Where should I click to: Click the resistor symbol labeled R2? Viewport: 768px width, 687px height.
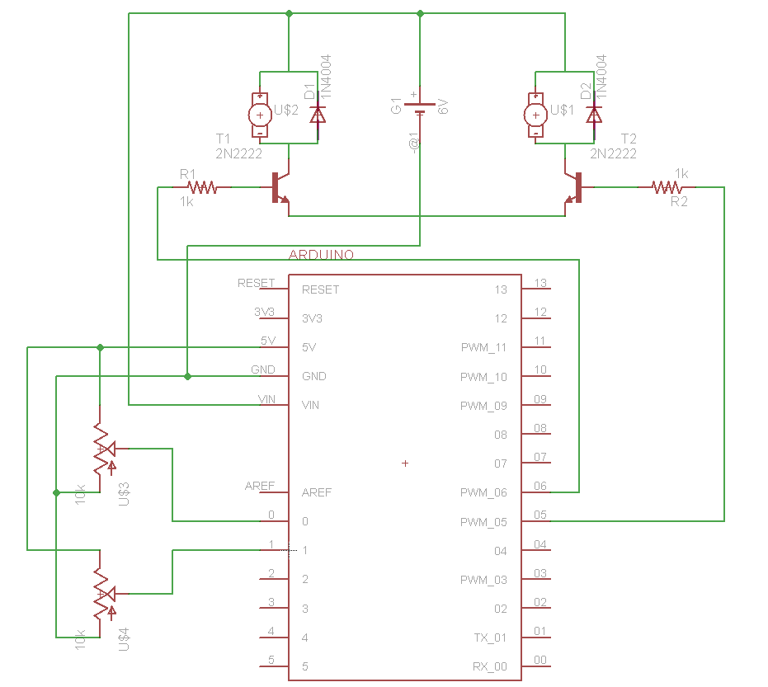(x=667, y=187)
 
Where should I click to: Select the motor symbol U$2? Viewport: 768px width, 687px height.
(x=260, y=115)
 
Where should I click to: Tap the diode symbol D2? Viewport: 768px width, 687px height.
(x=594, y=115)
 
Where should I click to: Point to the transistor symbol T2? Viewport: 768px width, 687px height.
(x=574, y=188)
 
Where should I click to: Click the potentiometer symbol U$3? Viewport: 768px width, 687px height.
(x=101, y=449)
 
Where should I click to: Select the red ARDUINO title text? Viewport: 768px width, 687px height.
(x=321, y=255)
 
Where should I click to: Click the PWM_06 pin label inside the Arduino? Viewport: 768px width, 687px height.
(x=483, y=493)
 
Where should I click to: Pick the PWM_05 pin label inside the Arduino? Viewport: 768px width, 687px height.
(x=483, y=522)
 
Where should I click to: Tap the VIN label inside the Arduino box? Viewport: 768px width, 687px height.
(x=311, y=406)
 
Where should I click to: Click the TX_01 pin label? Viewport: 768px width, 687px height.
(x=490, y=638)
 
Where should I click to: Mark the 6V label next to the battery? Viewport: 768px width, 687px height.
(x=443, y=106)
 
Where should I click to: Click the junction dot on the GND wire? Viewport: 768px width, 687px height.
(x=187, y=376)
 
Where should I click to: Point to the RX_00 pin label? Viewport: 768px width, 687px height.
(x=490, y=666)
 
